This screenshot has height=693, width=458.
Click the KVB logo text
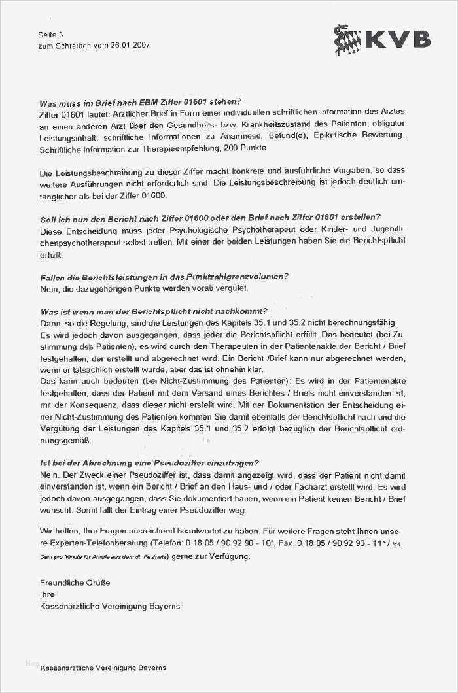(397, 40)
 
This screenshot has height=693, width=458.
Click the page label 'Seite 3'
(51, 34)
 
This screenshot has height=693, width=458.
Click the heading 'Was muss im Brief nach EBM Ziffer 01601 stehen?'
(141, 102)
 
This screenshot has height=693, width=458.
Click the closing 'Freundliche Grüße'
(75, 583)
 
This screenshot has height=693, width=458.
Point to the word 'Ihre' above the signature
(48, 594)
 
